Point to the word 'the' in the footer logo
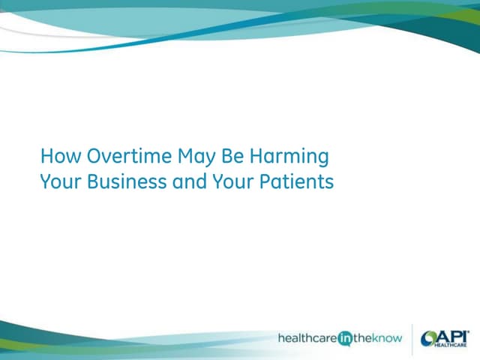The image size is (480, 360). [367, 338]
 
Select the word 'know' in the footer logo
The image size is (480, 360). [390, 338]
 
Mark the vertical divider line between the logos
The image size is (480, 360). [412, 338]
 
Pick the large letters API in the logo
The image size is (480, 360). [454, 335]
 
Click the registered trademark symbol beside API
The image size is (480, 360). [469, 329]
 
